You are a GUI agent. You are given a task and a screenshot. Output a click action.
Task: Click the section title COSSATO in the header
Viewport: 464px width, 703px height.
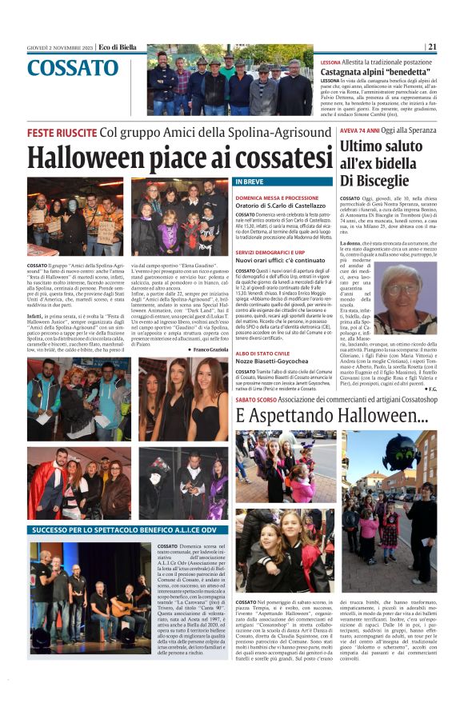click(x=73, y=68)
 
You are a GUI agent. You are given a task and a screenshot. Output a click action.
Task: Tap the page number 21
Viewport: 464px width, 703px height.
click(x=432, y=46)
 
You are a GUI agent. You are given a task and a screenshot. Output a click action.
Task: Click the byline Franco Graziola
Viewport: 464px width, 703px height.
click(x=211, y=349)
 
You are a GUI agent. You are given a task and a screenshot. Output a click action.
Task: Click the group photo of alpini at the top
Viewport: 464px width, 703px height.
click(x=231, y=81)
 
